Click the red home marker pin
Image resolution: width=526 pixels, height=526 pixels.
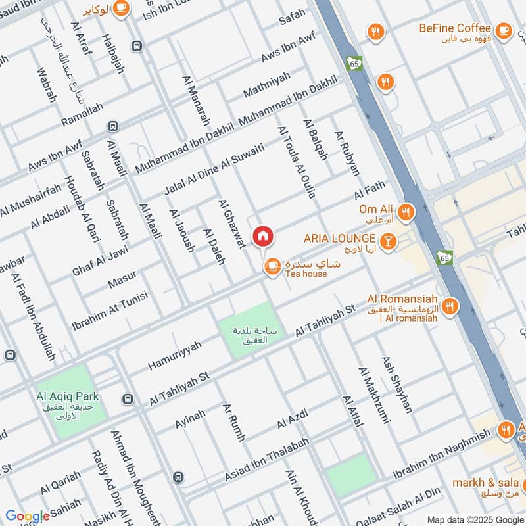(x=263, y=236)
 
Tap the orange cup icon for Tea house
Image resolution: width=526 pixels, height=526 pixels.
(x=272, y=266)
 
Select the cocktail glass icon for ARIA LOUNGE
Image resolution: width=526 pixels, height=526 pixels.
(x=388, y=240)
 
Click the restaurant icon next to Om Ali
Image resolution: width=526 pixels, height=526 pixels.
(x=407, y=212)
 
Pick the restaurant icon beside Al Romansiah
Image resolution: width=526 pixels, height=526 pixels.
(x=450, y=305)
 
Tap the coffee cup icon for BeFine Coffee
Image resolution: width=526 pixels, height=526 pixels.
(x=503, y=29)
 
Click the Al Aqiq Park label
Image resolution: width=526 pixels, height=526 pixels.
(x=68, y=396)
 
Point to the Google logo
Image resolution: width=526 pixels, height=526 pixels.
(x=28, y=516)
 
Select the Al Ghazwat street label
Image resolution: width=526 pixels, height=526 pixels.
(x=231, y=224)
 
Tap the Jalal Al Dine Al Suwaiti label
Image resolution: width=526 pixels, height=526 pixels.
(x=214, y=169)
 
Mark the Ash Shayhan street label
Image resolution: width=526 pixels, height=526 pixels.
(x=398, y=385)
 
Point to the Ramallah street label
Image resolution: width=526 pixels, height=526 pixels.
(x=82, y=115)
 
